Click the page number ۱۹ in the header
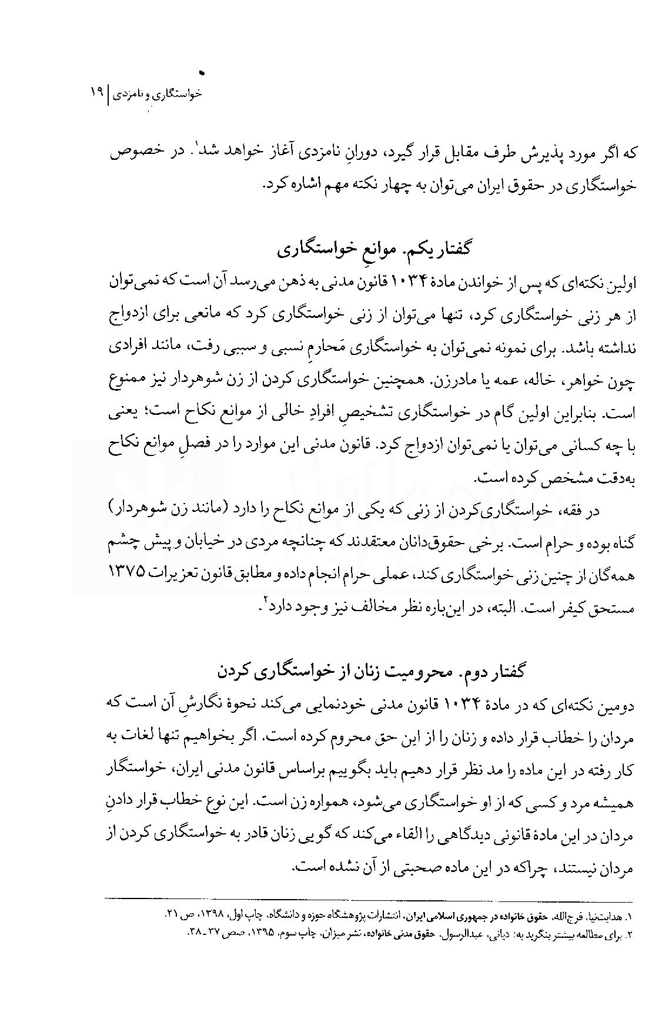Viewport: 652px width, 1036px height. pos(96,93)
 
